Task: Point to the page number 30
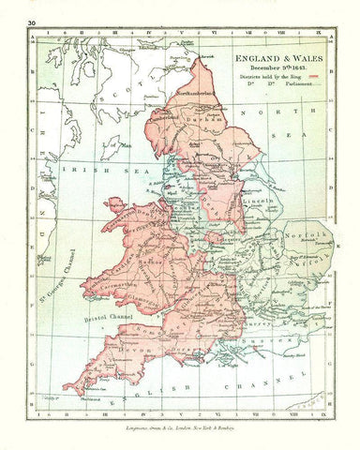coord(33,20)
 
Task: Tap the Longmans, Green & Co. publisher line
coord(180,428)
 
